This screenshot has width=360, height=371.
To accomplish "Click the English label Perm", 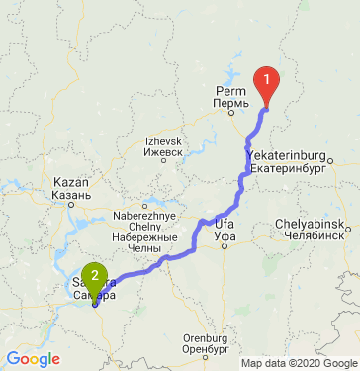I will click(227, 91).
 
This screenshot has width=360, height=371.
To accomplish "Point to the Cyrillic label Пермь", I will click(229, 103).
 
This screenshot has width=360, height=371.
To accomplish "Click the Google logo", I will click(34, 358).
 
